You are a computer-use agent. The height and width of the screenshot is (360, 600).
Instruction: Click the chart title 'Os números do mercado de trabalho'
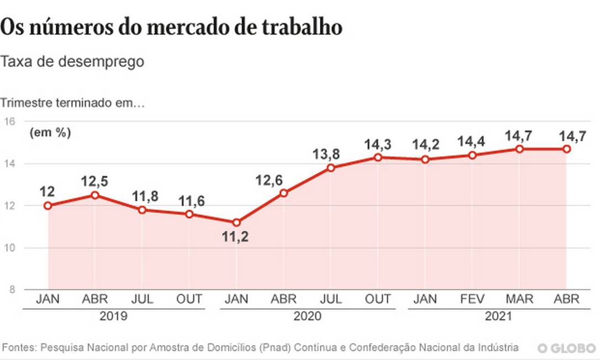171,28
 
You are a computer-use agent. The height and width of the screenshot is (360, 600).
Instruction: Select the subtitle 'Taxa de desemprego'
72,61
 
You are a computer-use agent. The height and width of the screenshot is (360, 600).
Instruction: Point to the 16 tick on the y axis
10,121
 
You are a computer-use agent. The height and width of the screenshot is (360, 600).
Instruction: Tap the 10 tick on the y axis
10,248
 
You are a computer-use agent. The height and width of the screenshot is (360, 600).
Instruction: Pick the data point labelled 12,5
95,195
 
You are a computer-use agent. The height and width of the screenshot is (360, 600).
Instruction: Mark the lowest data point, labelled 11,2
236,223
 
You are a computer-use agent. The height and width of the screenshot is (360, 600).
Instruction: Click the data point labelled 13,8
331,168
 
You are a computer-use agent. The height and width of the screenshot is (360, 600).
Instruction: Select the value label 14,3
378,145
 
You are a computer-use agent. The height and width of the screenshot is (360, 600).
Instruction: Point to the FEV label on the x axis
472,300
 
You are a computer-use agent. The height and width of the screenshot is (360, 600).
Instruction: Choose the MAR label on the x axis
519,300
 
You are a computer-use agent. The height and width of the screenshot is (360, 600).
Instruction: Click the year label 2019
114,317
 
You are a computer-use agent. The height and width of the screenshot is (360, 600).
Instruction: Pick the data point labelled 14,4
472,155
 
